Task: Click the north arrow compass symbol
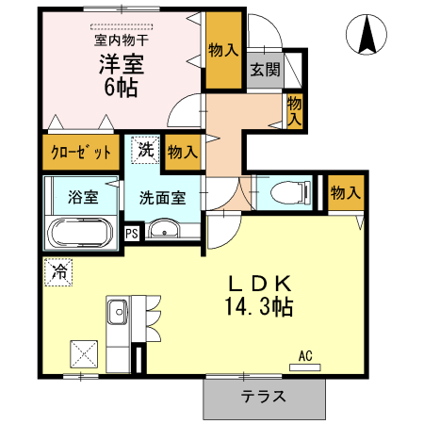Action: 367,35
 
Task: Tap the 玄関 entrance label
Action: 266,69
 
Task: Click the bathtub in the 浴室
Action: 80,233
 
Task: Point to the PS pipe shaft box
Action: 132,234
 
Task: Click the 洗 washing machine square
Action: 146,150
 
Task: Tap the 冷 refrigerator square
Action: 58,272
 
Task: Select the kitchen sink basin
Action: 118,312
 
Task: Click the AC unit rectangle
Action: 304,367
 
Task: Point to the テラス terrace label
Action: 263,397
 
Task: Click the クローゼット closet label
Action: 81,153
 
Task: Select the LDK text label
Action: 260,284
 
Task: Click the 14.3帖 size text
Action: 259,307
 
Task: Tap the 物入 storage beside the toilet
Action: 346,192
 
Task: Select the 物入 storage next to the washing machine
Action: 183,153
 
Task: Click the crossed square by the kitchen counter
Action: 84,354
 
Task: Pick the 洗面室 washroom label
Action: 162,198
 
